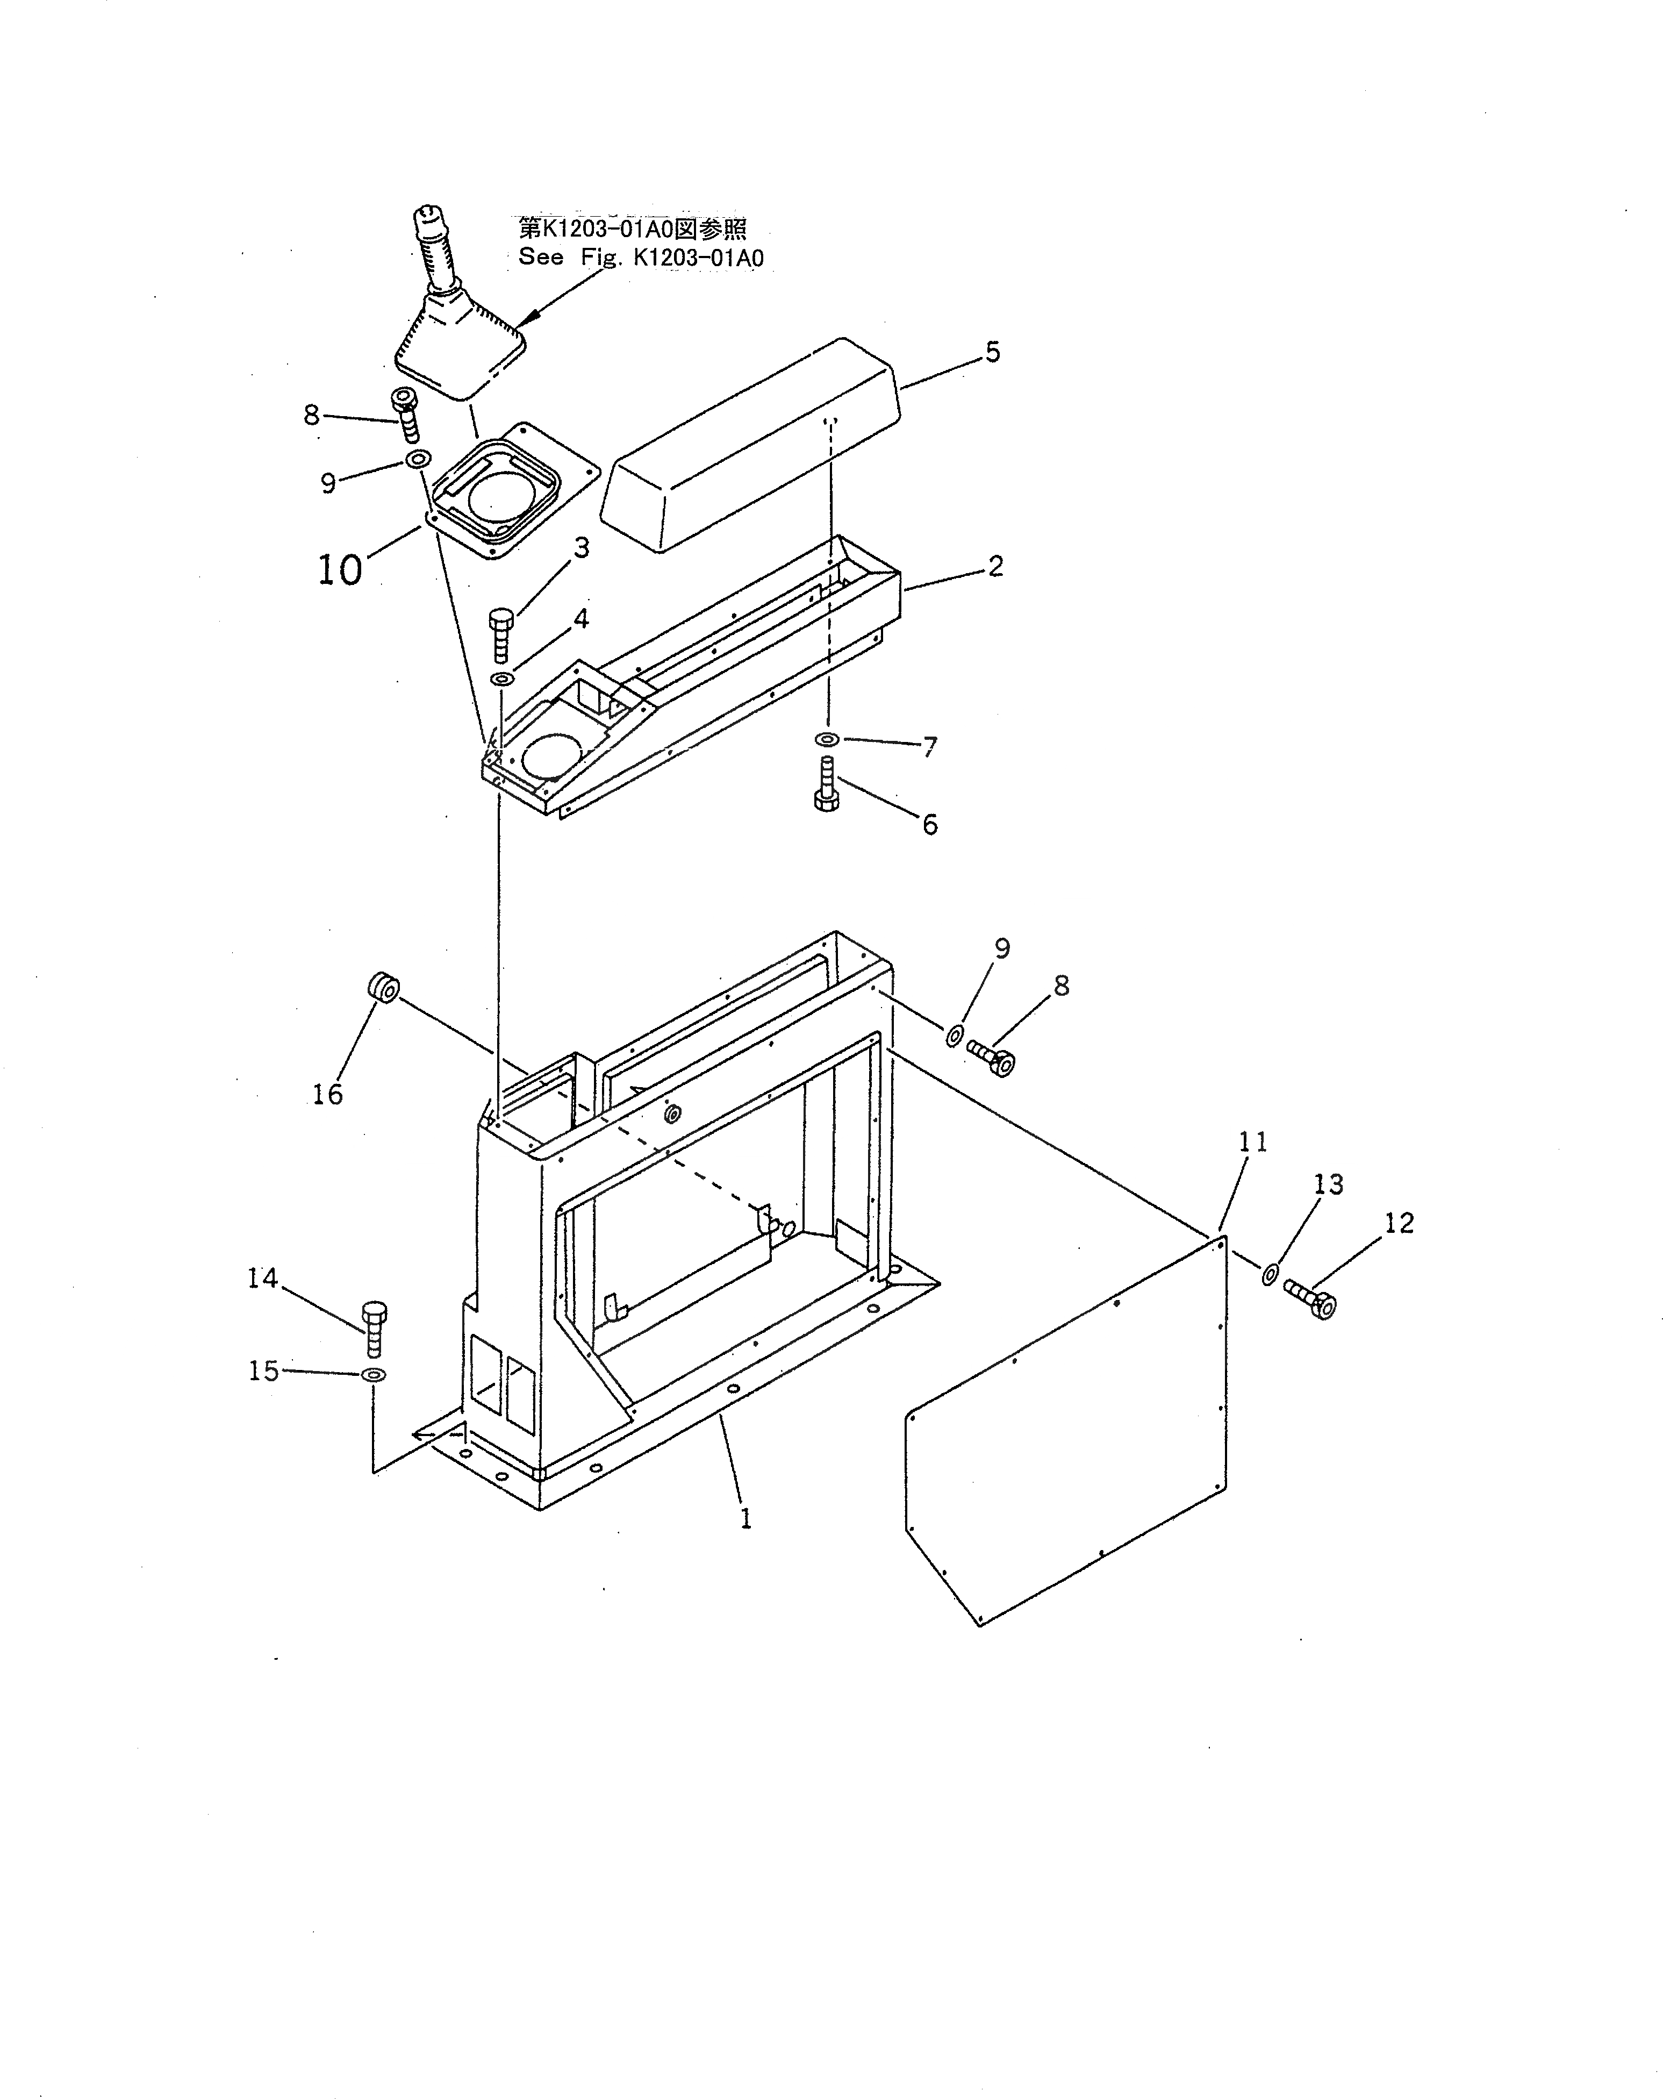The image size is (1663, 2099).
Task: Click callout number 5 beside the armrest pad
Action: point(993,352)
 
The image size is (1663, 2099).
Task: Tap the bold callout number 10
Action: point(340,569)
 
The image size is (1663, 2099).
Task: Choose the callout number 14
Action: point(263,1279)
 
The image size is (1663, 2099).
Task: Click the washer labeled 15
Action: point(372,1375)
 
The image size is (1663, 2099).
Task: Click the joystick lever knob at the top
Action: point(429,222)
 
